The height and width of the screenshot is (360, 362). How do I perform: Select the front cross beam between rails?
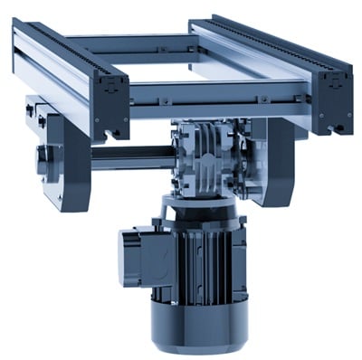(217, 94)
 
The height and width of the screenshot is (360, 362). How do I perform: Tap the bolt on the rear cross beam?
(187, 50)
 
